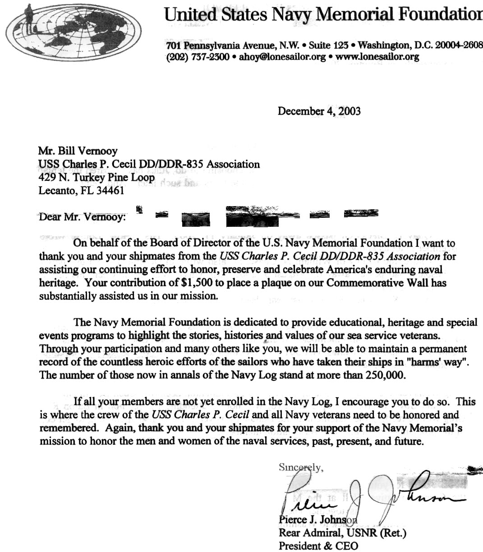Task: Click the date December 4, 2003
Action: click(319, 111)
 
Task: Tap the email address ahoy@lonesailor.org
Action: click(282, 57)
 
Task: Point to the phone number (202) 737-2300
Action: click(198, 57)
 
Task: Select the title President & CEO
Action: click(318, 546)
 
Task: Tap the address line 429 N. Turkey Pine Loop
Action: click(97, 177)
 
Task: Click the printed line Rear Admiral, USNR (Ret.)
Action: click(343, 533)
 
